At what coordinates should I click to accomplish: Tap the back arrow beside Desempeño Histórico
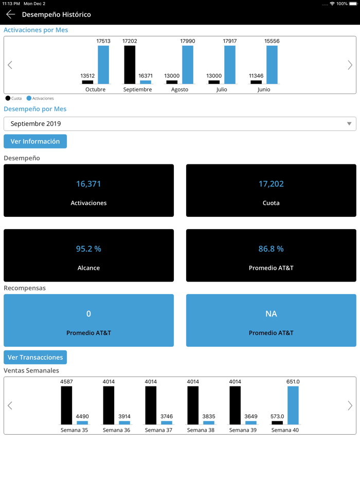(10, 14)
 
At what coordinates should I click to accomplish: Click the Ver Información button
(35, 141)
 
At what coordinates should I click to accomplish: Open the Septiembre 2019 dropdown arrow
(349, 124)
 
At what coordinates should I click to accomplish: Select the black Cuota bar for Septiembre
(130, 65)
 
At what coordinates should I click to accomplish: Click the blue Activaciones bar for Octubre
(103, 65)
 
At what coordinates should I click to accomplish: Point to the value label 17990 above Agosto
(187, 41)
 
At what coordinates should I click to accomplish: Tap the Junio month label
(264, 89)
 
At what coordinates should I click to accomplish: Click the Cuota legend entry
(14, 98)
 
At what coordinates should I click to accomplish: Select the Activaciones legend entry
(40, 98)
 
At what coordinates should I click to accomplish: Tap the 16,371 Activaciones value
(88, 184)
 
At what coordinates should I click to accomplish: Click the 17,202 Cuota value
(271, 184)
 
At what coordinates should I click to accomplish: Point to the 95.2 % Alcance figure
(88, 249)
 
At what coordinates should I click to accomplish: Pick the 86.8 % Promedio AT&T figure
(271, 249)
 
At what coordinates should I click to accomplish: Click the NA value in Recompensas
(271, 313)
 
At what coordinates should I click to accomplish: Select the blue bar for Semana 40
(293, 405)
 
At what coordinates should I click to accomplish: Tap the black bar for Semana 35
(66, 405)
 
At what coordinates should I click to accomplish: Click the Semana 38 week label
(200, 430)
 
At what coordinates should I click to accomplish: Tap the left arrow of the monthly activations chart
(10, 65)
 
